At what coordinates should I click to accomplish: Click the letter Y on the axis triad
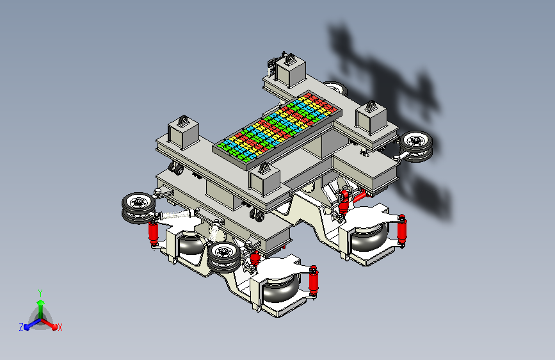[x=40, y=293]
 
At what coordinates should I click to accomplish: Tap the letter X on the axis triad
[x=60, y=327]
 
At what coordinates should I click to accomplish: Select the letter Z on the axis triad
[x=21, y=327]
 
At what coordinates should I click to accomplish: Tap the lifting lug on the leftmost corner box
[x=183, y=121]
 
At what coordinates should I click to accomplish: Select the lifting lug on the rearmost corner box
[x=290, y=59]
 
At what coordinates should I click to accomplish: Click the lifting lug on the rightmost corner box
[x=371, y=106]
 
